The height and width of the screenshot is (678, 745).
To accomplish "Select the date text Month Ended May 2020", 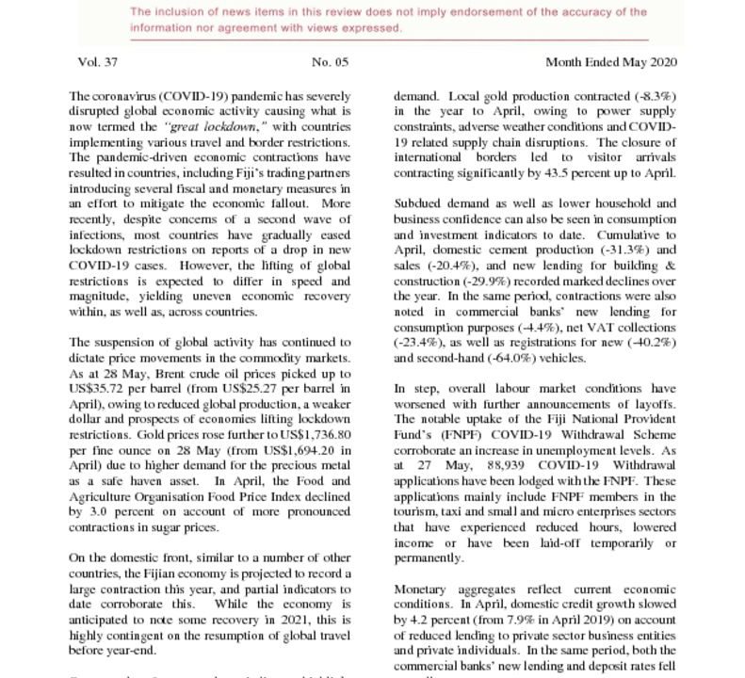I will [x=610, y=62].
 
